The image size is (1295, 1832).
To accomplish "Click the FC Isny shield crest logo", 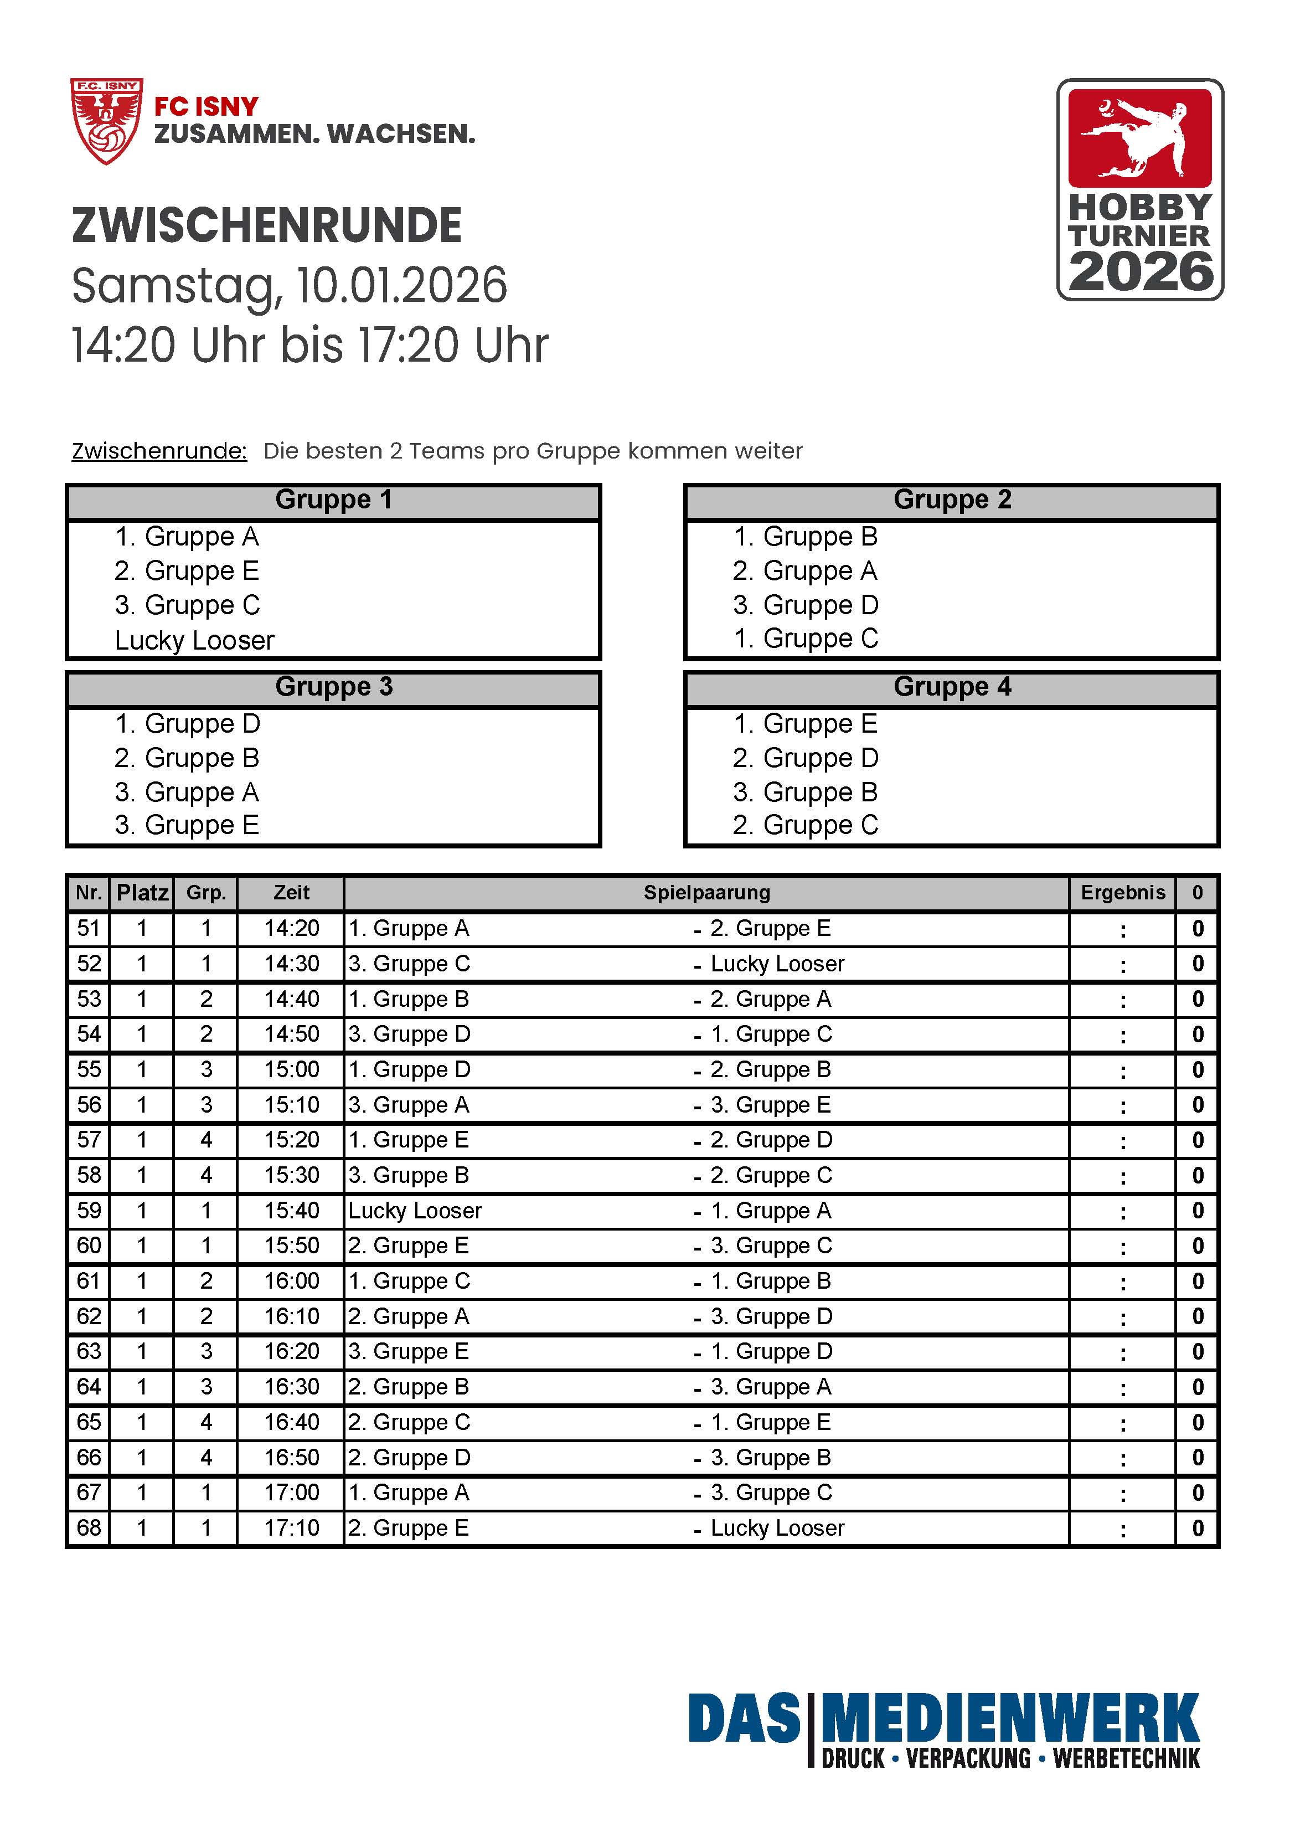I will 106,121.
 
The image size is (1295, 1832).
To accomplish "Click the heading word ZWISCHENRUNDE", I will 266,226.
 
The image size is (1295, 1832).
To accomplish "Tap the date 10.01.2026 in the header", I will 401,286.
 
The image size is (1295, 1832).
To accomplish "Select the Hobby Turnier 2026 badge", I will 1139,190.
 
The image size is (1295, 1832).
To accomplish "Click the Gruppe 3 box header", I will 333,687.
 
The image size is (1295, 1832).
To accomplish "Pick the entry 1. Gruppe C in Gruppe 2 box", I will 805,639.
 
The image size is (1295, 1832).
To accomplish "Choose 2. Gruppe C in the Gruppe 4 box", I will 805,825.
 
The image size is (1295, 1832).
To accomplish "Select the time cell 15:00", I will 291,1069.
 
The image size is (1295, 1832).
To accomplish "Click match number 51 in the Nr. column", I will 89,929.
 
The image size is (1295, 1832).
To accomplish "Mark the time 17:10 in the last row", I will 291,1528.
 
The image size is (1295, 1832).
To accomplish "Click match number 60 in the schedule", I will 89,1246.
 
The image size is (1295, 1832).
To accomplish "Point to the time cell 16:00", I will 291,1280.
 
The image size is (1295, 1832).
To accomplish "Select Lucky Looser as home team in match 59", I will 415,1211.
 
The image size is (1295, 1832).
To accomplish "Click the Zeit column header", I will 291,893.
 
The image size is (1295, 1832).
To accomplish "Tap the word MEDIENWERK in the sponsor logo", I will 1009,1718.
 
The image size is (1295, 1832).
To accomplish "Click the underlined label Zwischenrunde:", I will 159,451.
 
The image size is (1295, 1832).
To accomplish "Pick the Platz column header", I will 142,893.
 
